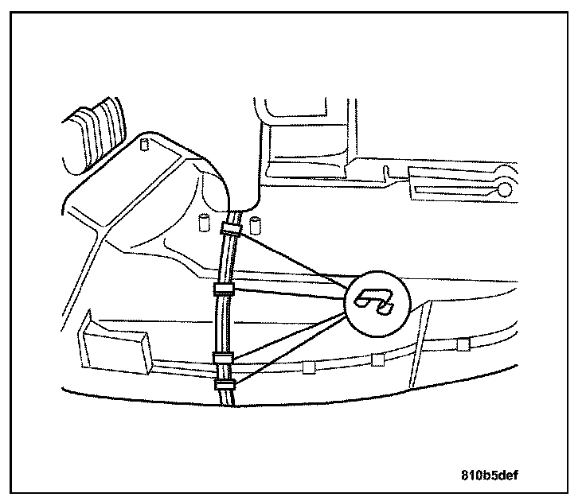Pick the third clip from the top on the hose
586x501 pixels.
222,355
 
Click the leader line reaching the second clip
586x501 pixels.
287,293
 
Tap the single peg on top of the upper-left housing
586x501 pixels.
145,146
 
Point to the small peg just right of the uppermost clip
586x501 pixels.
256,221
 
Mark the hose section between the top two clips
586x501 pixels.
225,258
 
